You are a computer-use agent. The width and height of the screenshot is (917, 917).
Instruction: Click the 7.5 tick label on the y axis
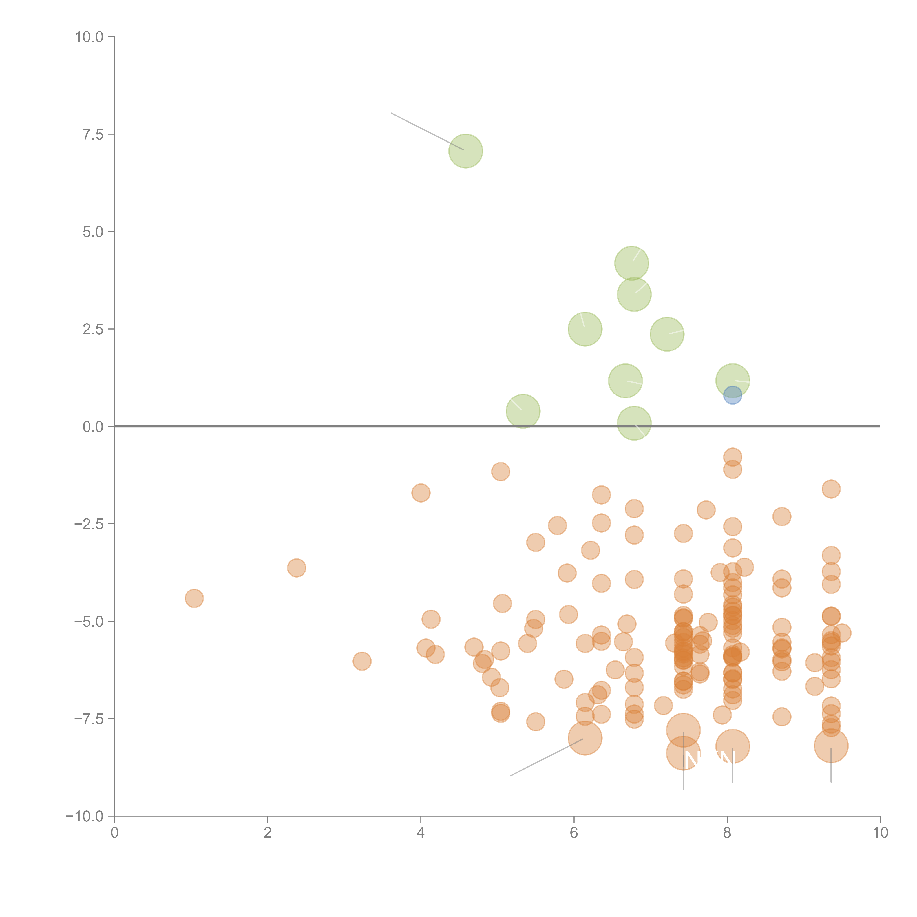click(x=93, y=134)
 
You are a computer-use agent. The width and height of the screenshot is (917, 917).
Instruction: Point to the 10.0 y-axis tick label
click(x=89, y=37)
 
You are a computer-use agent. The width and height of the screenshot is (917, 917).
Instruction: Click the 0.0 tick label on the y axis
click(x=93, y=427)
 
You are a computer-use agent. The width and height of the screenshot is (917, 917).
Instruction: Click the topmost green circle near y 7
click(x=466, y=151)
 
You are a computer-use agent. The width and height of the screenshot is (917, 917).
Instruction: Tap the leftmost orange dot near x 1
click(x=194, y=598)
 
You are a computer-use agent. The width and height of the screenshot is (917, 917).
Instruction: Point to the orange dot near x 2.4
click(x=296, y=568)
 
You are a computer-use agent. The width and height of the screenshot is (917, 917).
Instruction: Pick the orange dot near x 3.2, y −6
click(x=362, y=661)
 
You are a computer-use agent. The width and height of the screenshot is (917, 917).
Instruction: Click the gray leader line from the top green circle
click(x=427, y=131)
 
